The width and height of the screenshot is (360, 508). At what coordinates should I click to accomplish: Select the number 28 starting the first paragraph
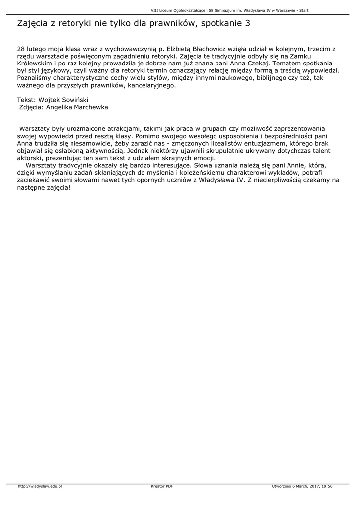pos(21,49)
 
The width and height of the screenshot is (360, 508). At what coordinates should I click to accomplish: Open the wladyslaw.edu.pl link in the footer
pos(39,486)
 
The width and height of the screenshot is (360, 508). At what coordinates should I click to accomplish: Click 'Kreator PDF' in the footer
pos(162,486)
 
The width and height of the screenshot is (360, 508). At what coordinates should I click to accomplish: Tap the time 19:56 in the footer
pos(327,486)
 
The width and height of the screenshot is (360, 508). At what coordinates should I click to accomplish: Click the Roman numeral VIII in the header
pos(154,10)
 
